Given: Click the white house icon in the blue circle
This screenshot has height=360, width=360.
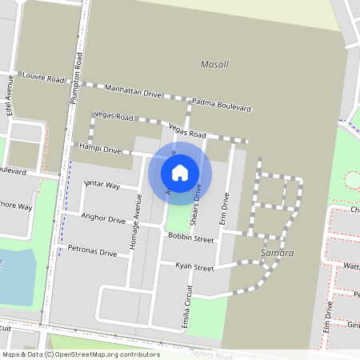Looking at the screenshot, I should click(x=180, y=172).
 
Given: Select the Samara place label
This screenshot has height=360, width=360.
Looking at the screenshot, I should click(x=278, y=253).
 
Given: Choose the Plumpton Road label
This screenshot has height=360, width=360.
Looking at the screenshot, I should click(x=78, y=76).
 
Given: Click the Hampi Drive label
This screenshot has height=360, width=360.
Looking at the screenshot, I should click(x=99, y=149).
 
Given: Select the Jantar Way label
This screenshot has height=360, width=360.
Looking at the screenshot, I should click(x=102, y=186).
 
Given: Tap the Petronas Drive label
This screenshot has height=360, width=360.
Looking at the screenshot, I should click(x=92, y=251).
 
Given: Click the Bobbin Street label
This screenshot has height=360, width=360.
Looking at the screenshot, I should click(x=191, y=238).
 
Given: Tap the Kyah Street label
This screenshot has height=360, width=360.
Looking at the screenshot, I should click(x=195, y=268).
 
